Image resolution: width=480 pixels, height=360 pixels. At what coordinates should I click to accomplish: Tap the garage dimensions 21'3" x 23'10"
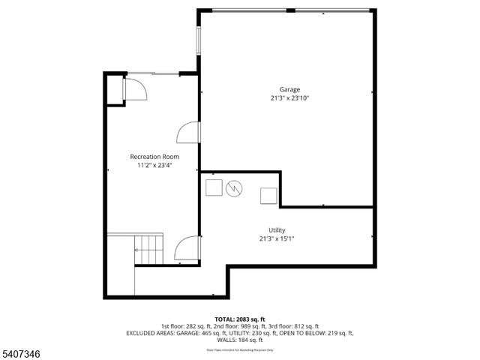tap(289, 97)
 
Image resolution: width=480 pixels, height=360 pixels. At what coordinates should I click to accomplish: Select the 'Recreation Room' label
tap(154, 156)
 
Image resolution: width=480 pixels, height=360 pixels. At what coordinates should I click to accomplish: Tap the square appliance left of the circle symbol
tap(214, 187)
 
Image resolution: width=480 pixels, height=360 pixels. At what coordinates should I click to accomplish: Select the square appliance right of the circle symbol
tap(268, 195)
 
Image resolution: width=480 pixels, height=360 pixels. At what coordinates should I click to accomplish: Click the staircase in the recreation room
tap(148, 248)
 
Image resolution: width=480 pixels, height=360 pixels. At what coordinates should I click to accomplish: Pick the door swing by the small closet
tap(136, 90)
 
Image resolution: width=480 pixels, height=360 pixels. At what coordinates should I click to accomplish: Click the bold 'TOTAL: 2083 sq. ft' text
tap(239, 319)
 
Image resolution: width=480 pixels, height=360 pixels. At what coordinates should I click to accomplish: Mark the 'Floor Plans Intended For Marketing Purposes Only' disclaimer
tap(239, 349)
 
